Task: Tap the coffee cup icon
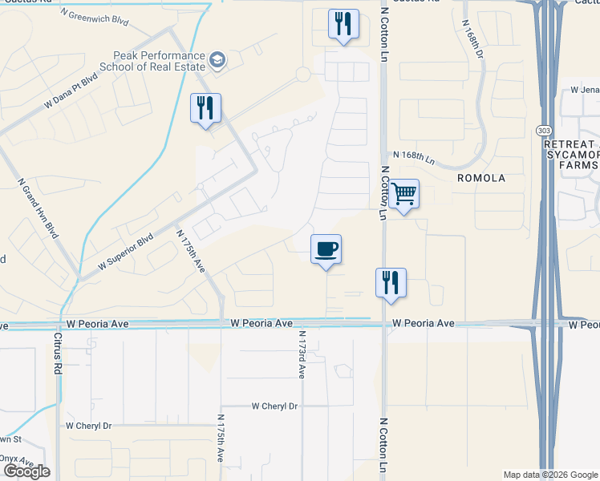326,249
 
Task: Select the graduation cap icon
217,60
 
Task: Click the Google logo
26,471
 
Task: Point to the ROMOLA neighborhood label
480,178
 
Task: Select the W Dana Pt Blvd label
71,91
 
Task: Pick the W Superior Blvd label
125,252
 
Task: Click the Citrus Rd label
58,354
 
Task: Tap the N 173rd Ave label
302,354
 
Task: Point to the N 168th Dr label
472,38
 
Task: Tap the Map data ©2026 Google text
549,475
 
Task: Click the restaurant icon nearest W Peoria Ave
391,283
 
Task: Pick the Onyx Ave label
16,459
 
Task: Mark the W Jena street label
585,90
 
